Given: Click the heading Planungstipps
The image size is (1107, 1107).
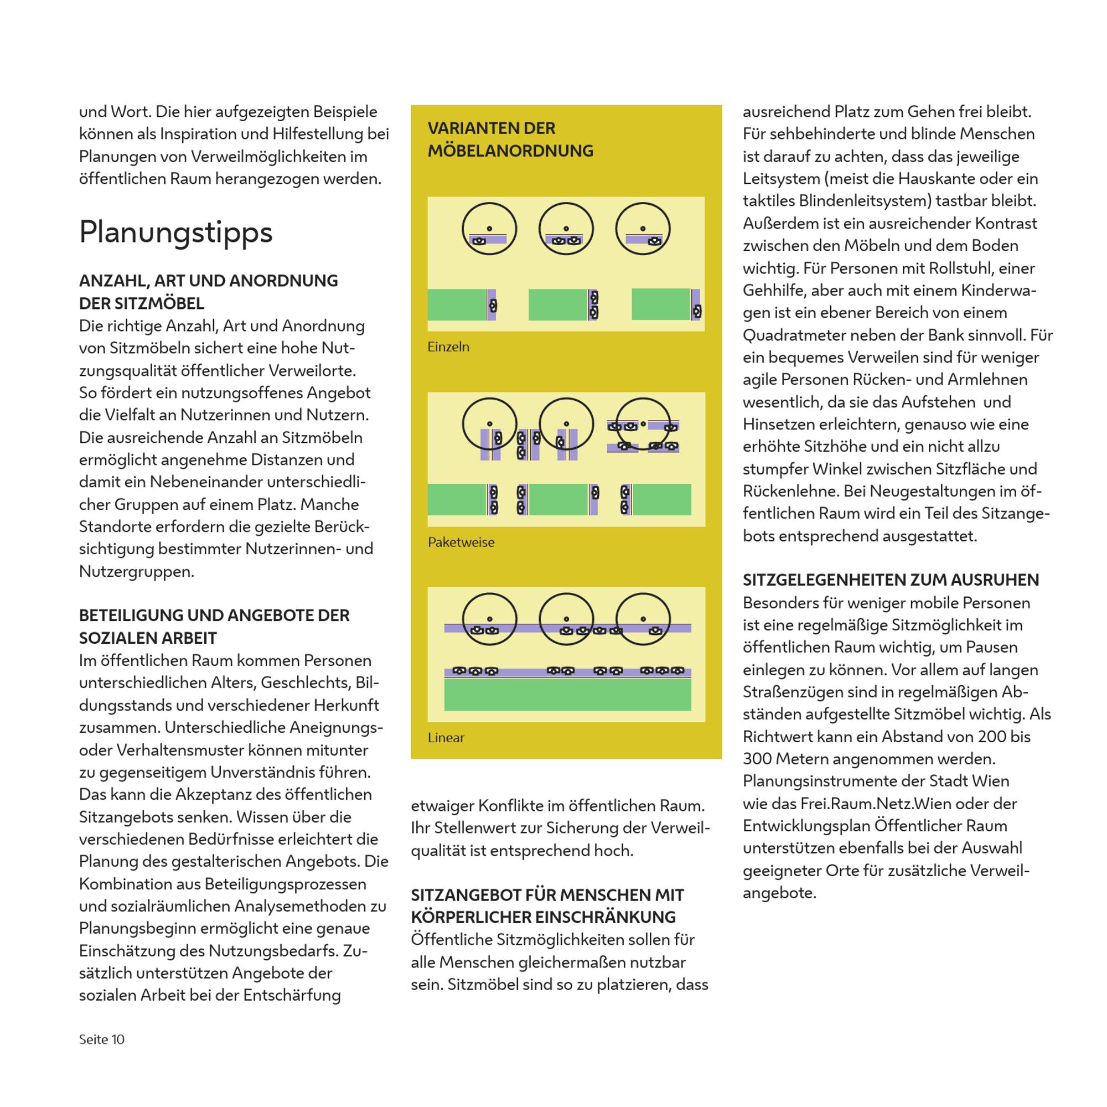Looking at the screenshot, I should click(175, 232).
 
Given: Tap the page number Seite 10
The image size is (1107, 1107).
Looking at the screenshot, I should click(101, 1039).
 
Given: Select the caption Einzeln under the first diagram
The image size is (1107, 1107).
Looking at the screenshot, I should click(448, 346).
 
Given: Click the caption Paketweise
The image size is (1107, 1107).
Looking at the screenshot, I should click(461, 542).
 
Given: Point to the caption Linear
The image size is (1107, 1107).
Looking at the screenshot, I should click(446, 737).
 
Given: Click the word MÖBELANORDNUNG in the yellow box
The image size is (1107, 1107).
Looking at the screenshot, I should click(510, 151).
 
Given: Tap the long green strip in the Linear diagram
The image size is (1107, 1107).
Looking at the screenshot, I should click(567, 695).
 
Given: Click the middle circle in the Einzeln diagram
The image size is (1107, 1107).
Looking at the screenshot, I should click(566, 229).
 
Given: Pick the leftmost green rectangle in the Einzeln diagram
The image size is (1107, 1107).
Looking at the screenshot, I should click(457, 304).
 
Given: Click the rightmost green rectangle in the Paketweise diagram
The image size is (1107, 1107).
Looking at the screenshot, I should click(661, 499).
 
